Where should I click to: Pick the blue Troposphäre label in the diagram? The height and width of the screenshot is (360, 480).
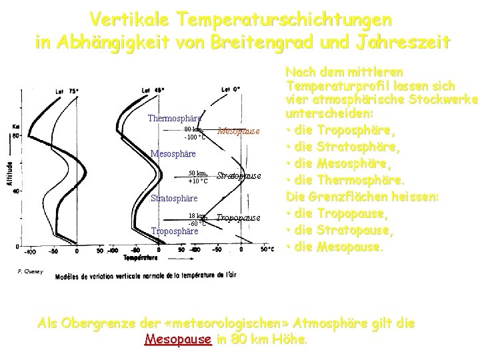(x=175, y=232)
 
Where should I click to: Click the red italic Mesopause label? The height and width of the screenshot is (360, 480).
(x=238, y=131)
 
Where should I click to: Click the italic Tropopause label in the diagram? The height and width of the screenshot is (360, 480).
(x=238, y=218)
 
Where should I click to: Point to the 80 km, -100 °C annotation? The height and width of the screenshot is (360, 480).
(x=195, y=133)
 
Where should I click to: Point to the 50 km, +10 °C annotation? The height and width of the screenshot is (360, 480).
(x=197, y=177)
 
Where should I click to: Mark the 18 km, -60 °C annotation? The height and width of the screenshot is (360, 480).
(x=197, y=219)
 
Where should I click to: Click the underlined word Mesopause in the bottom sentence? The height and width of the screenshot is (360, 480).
(x=178, y=339)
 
